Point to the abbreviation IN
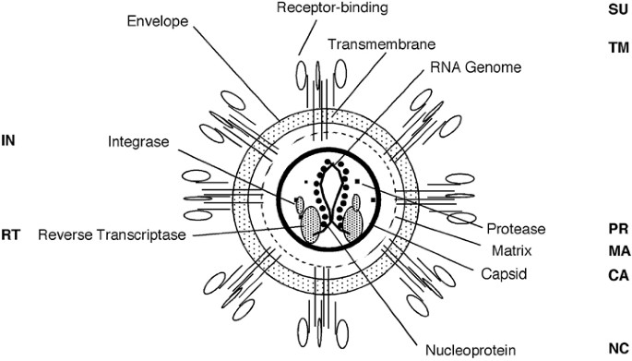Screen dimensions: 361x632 pos(8,141)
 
